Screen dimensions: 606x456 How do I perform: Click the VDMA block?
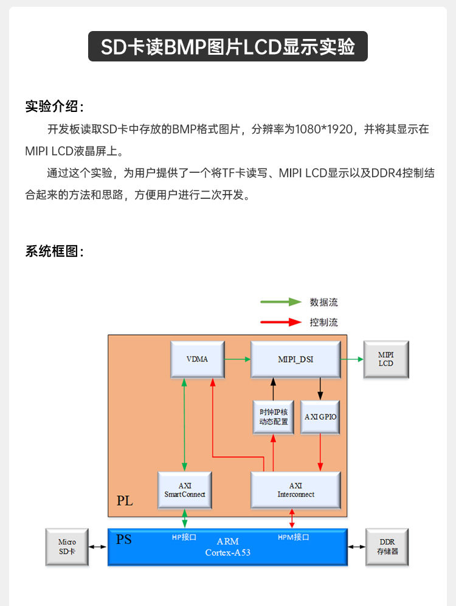pos(197,359)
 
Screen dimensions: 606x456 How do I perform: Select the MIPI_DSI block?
pos(295,359)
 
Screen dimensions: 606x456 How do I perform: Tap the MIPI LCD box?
pos(385,359)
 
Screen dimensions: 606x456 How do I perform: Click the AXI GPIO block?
pos(320,417)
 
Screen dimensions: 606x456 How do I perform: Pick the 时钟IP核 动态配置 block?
pos(273,417)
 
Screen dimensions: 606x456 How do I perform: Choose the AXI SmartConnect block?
pos(185,490)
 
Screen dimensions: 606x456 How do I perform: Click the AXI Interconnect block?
pos(295,490)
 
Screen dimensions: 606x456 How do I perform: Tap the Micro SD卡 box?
pos(67,546)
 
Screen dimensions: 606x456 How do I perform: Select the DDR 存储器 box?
pos(387,546)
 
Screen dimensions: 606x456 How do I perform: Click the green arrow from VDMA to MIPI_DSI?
pos(237,359)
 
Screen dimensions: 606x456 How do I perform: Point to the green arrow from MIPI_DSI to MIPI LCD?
pos(351,359)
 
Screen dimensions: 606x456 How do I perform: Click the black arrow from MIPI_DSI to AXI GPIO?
pos(320,388)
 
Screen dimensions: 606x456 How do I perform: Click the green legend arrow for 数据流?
pos(280,302)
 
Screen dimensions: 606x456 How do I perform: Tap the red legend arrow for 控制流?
pos(280,322)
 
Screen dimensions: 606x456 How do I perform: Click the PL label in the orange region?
pos(125,501)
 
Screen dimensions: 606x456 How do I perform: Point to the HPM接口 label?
pos(294,537)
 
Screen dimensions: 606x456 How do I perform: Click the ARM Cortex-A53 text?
pos(227,547)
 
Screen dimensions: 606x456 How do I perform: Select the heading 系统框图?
pos(54,251)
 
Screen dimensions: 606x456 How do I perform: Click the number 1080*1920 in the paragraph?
pos(323,129)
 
